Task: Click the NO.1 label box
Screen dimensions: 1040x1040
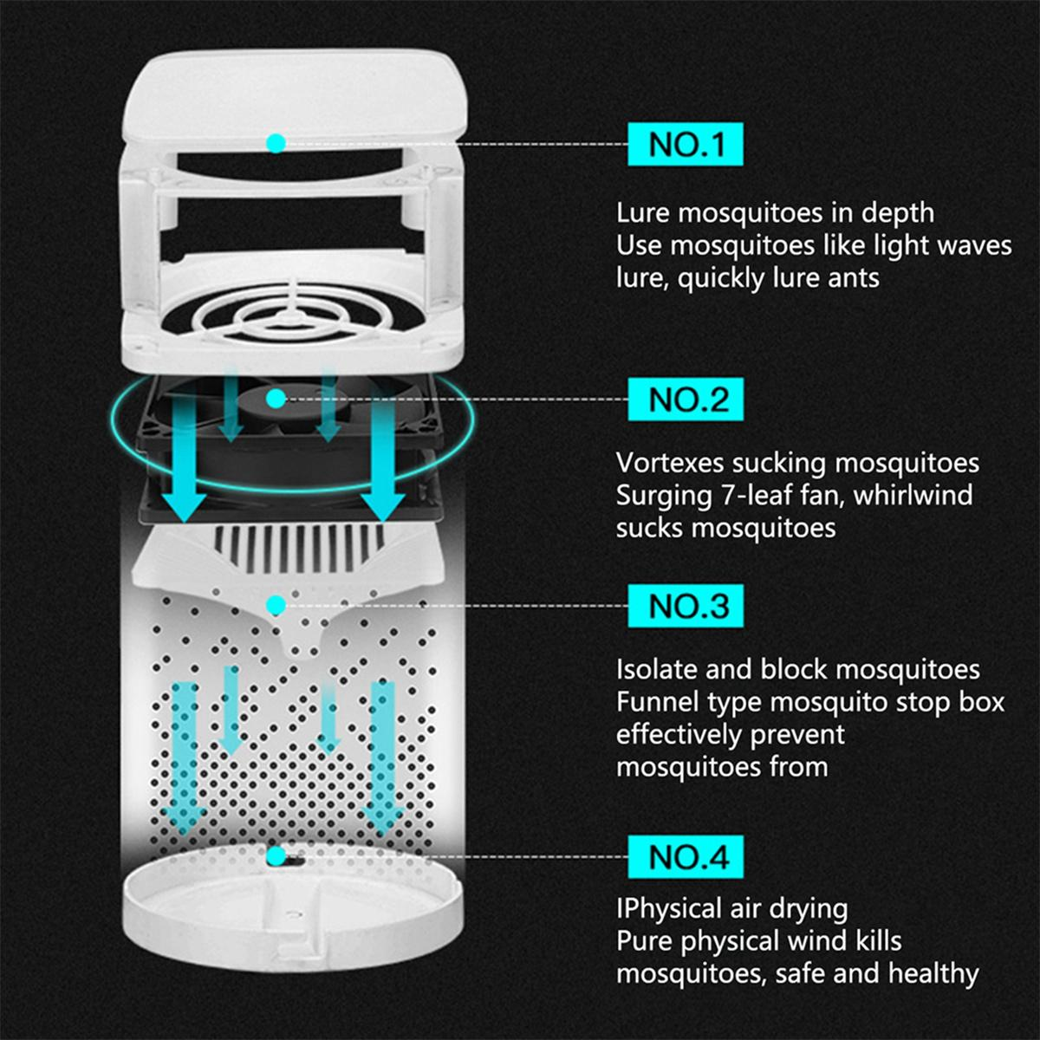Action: point(686,144)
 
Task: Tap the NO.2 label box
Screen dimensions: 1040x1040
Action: point(686,400)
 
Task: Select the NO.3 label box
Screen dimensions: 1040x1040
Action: point(686,606)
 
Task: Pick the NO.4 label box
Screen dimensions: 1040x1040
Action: point(686,856)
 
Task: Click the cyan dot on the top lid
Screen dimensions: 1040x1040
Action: point(276,144)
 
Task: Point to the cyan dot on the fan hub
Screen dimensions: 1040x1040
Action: point(276,400)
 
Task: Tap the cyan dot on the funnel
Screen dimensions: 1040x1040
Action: point(276,606)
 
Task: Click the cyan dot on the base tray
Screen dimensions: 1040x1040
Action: point(276,856)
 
